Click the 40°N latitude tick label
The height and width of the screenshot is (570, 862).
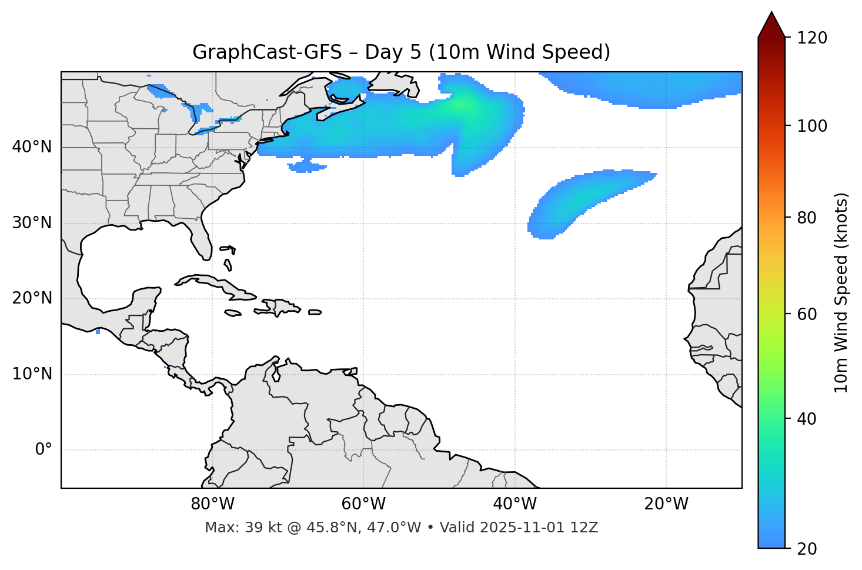pyautogui.click(x=32, y=147)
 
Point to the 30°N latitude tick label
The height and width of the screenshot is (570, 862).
pyautogui.click(x=32, y=223)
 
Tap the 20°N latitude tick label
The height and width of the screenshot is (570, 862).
pyautogui.click(x=32, y=298)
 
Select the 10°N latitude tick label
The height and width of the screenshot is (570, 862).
pyautogui.click(x=32, y=374)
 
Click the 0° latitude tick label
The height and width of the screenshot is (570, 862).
pyautogui.click(x=44, y=450)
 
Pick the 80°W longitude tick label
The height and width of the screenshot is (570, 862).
pyautogui.click(x=212, y=504)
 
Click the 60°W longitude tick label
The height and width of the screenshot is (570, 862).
pyautogui.click(x=363, y=504)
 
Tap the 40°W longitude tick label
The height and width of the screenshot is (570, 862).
pyautogui.click(x=515, y=504)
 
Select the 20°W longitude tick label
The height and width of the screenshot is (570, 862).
pyautogui.click(x=666, y=504)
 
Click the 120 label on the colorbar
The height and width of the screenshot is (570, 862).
pyautogui.click(x=811, y=38)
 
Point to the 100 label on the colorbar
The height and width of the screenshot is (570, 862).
pyautogui.click(x=811, y=126)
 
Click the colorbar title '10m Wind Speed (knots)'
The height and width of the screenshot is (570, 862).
pyautogui.click(x=841, y=292)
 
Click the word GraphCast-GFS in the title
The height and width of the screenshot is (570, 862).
pyautogui.click(x=267, y=52)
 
